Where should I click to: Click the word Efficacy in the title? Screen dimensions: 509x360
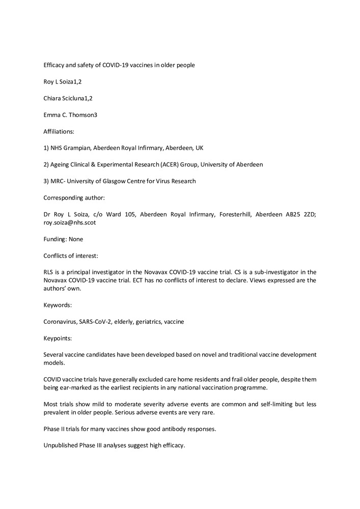pyautogui.click(x=55, y=65)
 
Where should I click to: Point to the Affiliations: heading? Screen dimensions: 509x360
pyautogui.click(x=59, y=131)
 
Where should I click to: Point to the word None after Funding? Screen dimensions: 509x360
pyautogui.click(x=75, y=239)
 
